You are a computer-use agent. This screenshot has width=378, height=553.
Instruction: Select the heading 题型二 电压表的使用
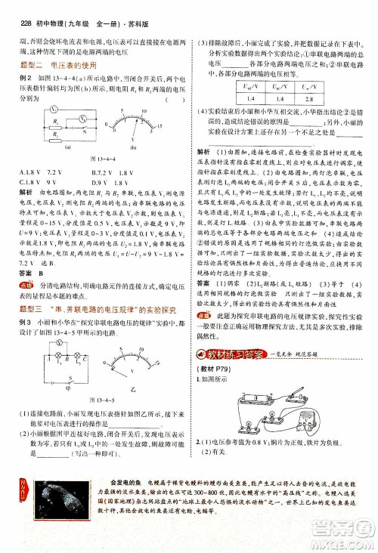pos(54,66)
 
